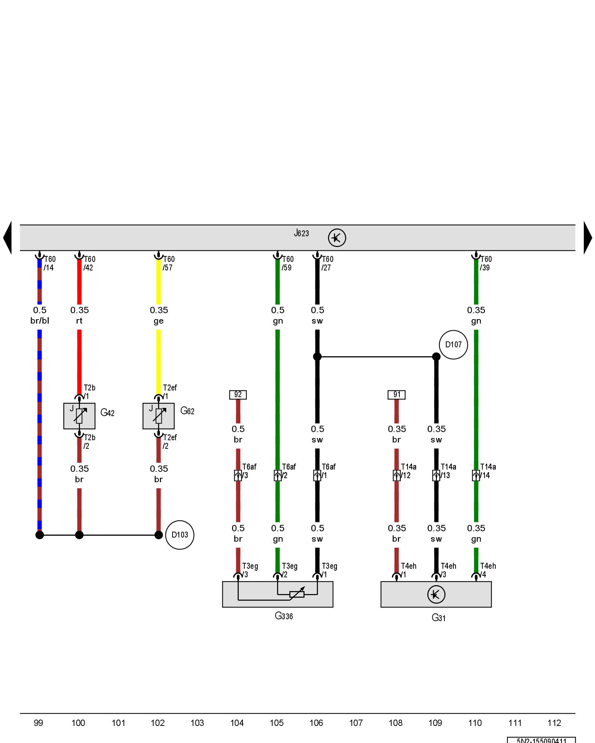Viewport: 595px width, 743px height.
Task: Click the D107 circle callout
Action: coord(453,345)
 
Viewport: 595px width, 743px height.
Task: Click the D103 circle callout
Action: coord(180,535)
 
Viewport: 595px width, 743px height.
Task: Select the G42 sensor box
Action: coord(79,416)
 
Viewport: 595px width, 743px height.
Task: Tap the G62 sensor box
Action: coord(158,416)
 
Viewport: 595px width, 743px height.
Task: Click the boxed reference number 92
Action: coord(238,395)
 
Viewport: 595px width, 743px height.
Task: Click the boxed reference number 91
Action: coord(396,395)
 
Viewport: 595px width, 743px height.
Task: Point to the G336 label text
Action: coord(284,616)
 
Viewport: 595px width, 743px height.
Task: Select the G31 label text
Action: coord(438,618)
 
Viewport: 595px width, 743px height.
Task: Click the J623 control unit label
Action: coord(301,233)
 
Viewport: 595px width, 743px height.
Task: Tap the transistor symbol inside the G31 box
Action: coord(436,594)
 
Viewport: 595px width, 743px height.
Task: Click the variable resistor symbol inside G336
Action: coord(297,594)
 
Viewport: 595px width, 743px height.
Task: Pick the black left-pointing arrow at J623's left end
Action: coord(7,238)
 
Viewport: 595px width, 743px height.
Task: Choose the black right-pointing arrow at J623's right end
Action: coord(588,238)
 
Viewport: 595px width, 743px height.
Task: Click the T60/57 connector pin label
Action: coord(168,263)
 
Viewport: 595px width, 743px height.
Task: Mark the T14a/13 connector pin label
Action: coord(448,471)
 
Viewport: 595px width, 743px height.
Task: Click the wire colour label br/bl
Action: coord(40,321)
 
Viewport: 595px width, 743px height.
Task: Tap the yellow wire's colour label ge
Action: coord(158,321)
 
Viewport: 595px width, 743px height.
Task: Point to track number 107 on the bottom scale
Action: coord(356,723)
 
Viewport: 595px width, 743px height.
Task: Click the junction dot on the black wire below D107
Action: coord(436,357)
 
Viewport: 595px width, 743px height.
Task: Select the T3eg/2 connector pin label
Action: coord(289,570)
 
